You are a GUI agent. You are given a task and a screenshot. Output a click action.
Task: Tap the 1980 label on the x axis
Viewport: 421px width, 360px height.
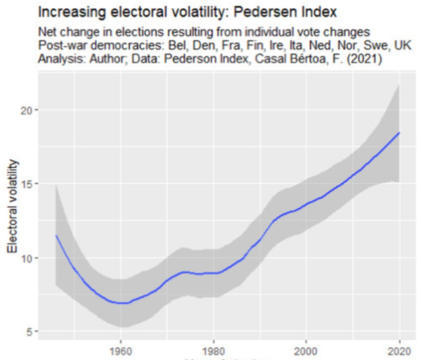pos(213,350)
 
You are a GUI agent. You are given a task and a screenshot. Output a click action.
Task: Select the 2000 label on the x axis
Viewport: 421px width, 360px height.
pos(305,350)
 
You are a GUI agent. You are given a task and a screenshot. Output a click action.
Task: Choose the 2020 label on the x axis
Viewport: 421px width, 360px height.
pos(398,350)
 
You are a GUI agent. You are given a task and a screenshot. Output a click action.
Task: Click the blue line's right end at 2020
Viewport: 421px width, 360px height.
pos(399,133)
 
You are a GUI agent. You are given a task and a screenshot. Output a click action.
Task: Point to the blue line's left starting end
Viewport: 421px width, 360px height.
pos(55,235)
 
